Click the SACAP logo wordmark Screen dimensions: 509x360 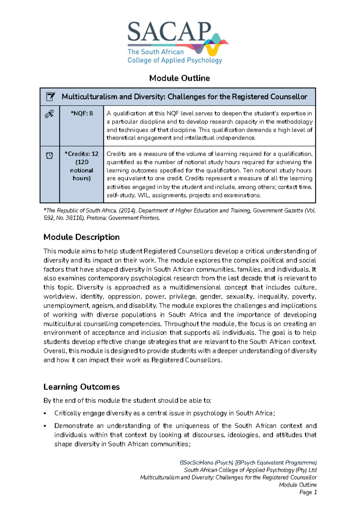click(169, 32)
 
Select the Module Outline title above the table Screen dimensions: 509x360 click(179, 78)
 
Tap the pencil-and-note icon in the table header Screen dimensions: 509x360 click(50, 97)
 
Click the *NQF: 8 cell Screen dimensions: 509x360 click(82, 113)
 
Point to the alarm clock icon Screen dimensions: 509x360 click(49, 155)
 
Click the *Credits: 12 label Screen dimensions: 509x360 click(82, 154)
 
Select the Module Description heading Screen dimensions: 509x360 click(82, 237)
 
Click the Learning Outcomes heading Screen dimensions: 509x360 click(82, 387)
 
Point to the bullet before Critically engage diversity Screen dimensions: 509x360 click(45, 414)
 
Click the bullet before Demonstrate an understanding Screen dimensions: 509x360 click(45, 426)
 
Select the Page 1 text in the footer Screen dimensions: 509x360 click(308, 492)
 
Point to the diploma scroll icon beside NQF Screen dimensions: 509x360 click(49, 114)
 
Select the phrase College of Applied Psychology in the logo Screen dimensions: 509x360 click(175, 60)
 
